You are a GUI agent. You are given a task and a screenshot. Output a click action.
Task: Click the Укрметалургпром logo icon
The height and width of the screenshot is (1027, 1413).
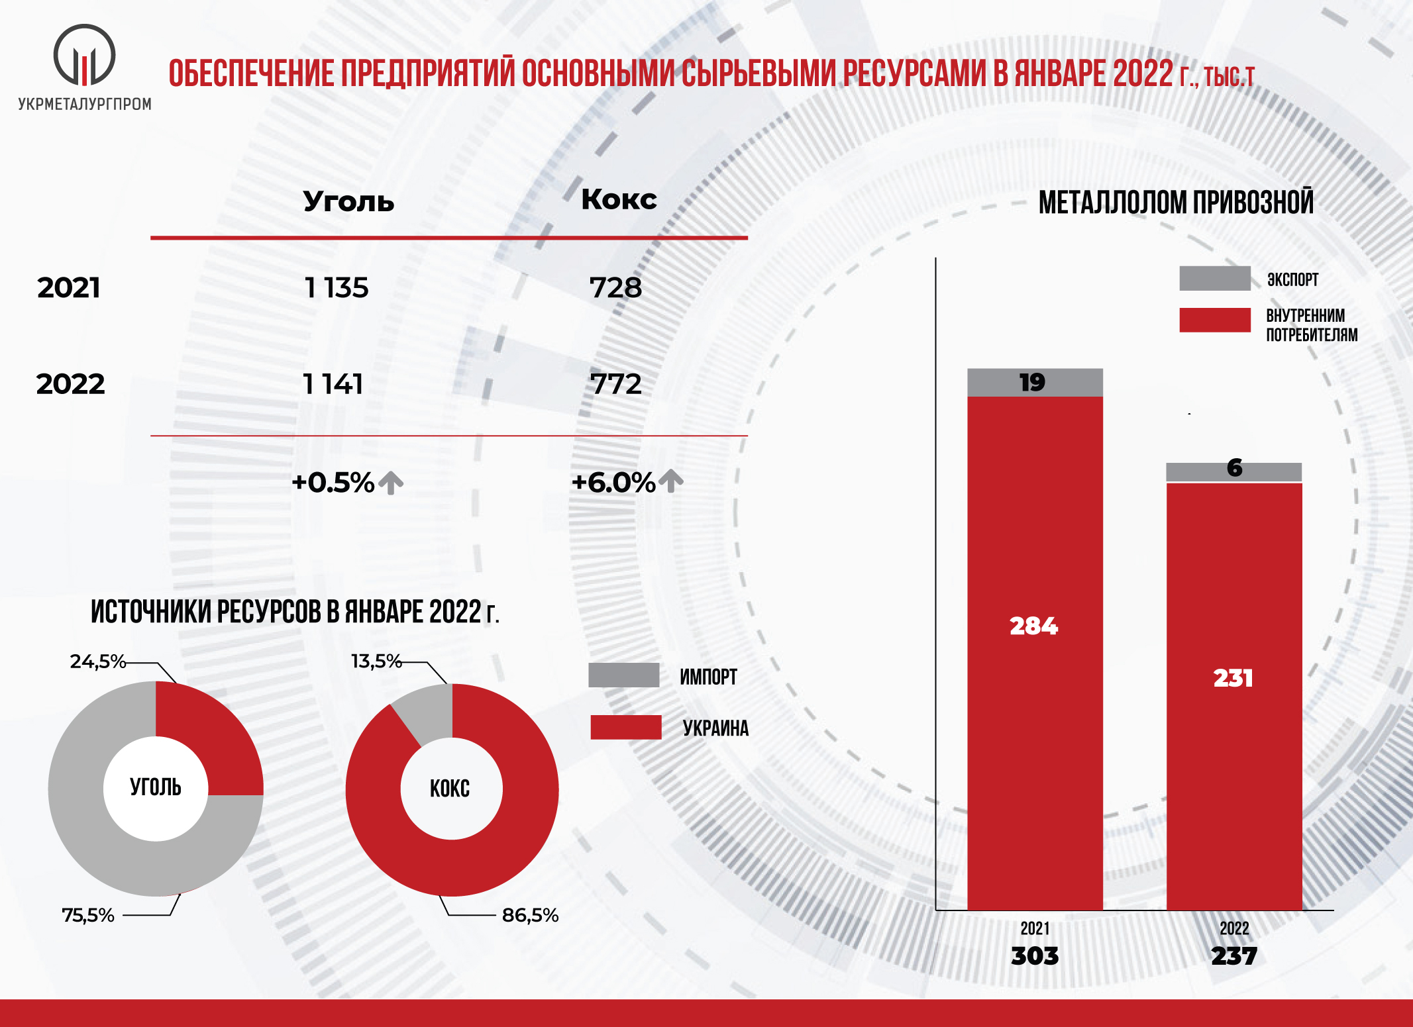coord(84,56)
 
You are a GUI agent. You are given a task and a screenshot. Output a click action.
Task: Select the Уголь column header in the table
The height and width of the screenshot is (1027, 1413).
coord(348,201)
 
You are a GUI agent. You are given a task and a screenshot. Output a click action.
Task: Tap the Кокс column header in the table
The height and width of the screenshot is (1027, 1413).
coord(619,199)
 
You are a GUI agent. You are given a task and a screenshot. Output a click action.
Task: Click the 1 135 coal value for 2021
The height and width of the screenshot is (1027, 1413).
coord(337,288)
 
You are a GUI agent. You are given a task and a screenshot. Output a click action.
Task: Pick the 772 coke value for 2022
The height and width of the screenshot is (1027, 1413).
coord(616,384)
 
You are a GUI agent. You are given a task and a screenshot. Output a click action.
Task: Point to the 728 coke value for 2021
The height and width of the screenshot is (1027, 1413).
coord(616,288)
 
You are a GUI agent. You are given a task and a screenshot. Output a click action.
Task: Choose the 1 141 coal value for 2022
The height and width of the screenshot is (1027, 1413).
coord(333,384)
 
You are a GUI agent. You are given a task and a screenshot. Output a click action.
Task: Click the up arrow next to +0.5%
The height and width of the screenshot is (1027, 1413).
coord(391,482)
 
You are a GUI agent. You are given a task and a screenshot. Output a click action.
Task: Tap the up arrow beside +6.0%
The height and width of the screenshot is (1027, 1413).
coord(671,481)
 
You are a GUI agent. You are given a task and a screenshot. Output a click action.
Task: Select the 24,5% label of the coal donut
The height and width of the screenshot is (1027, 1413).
coord(97,661)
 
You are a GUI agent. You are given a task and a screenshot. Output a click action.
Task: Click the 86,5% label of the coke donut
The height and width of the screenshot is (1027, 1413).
coord(530,915)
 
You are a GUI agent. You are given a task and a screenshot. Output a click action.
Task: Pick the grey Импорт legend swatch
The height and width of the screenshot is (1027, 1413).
coord(623,675)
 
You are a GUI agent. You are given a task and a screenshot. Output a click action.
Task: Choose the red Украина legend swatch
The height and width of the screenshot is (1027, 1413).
coord(626,727)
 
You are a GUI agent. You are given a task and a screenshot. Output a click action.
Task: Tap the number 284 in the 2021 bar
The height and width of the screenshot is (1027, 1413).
coord(1033,626)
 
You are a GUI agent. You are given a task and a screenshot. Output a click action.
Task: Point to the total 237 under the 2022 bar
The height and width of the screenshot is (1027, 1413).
coord(1233,956)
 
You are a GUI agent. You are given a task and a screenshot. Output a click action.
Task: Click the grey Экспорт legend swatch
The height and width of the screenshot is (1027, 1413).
coord(1214,279)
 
